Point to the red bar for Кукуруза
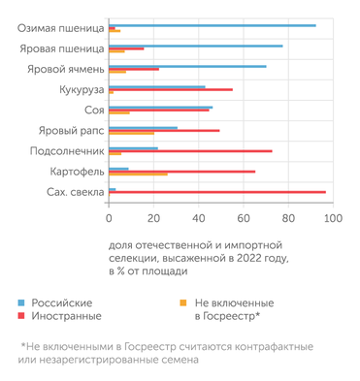point(171,89)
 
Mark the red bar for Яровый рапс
point(164,130)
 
